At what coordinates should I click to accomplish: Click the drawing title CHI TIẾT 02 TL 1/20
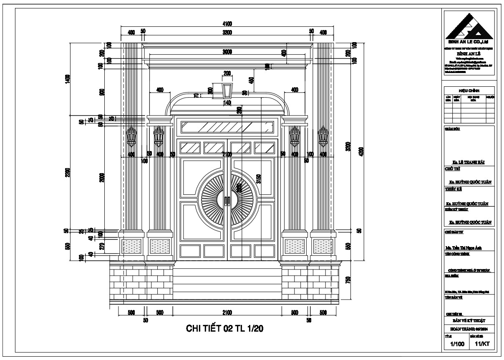point(225,329)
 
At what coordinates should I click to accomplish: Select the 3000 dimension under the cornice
point(227,52)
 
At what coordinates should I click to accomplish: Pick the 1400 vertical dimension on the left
point(68,78)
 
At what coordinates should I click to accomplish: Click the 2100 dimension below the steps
point(227,313)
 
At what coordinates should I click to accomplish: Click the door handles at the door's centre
point(227,201)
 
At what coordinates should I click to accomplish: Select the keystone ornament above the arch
point(227,89)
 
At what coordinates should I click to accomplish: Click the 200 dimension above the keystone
point(227,73)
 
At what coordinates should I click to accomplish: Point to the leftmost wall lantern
point(131,137)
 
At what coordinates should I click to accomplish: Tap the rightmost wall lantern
point(323,137)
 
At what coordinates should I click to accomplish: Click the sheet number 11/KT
point(481,345)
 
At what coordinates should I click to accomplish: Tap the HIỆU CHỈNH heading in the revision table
point(469,90)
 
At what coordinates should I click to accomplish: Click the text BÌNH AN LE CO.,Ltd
point(468,42)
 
